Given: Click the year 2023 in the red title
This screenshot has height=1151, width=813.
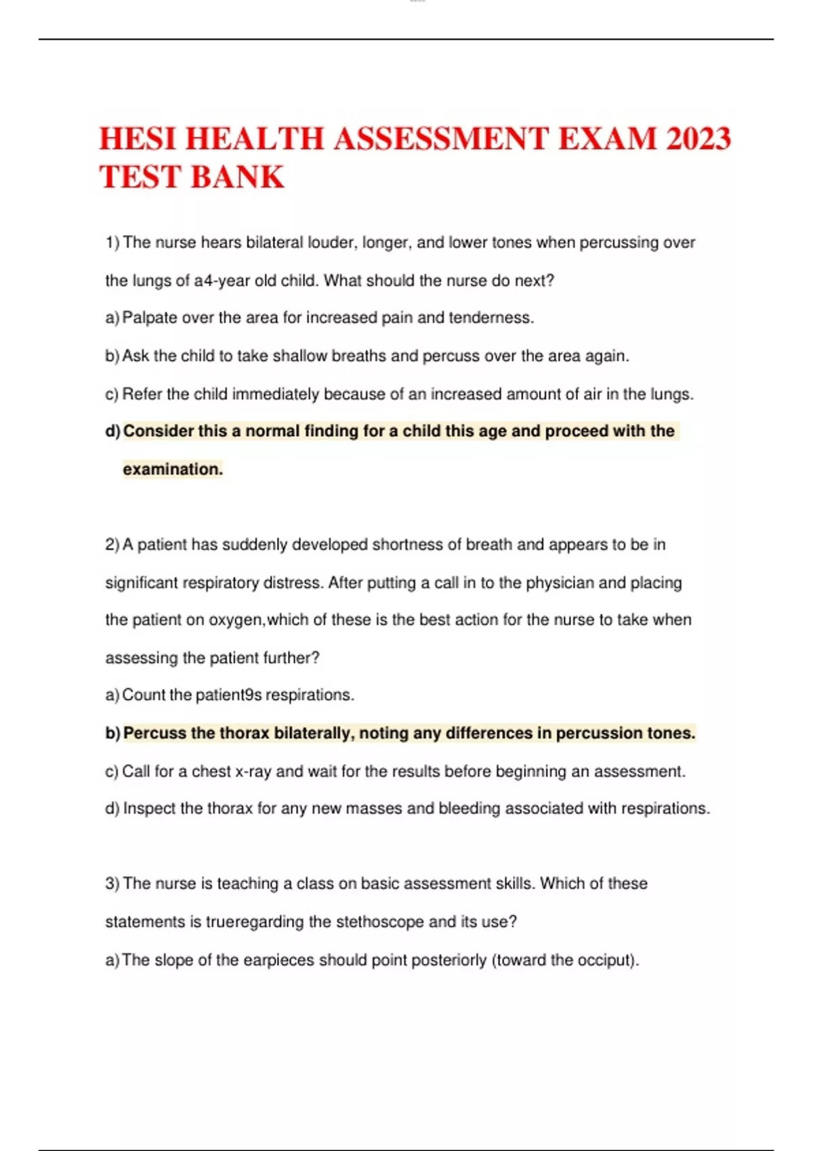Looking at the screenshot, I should point(698,139).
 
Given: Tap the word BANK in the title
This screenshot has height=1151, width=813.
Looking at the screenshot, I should point(238,177).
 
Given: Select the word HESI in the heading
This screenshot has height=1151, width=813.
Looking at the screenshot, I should point(137,139).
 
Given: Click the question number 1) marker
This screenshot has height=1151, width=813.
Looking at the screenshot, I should point(112,242).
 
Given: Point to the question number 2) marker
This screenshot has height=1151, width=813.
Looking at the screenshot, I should point(112,545).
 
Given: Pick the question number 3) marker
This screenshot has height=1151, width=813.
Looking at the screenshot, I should point(112,884).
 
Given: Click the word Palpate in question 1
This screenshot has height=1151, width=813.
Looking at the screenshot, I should point(149,318).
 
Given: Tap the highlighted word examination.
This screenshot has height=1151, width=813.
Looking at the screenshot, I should point(173,469).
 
